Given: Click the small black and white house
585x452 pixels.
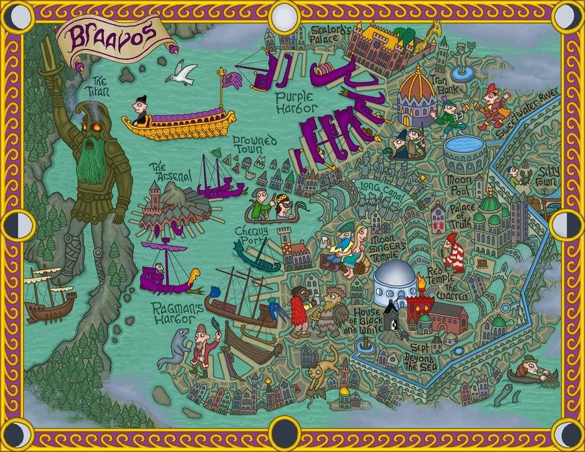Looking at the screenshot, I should [391, 317].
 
